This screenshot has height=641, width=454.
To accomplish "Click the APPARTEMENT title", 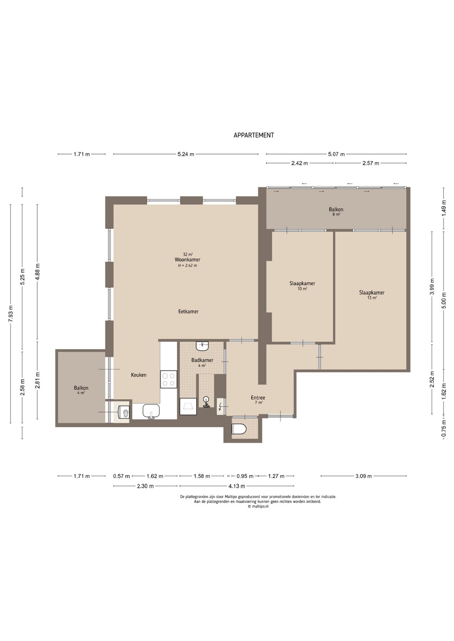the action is pos(254,135).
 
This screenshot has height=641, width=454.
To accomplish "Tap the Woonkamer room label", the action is pos(187,260).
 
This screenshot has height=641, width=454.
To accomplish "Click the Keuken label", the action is pos(139,375).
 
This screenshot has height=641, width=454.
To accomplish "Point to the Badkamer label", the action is pos(202,360).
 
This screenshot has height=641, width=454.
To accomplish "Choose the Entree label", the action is pos(258,398).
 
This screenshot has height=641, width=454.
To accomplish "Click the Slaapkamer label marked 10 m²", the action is pos(302,284).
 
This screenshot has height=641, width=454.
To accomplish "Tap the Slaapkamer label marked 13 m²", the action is pos(372,293).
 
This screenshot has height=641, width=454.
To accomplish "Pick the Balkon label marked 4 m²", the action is pos(81,388).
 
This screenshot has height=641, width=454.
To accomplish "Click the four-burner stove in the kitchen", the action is pos(169,379).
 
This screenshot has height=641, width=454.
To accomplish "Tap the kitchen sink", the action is pos(151,411).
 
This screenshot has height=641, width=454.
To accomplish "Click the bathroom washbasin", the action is pos(202,346).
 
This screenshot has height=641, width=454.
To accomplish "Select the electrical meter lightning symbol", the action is pos(221,406).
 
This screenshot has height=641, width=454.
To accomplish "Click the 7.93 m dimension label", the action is pos(11,314).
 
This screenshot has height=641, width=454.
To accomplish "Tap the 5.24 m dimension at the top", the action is pos(186,154).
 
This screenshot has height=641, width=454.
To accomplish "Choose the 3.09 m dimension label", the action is pos(363,476).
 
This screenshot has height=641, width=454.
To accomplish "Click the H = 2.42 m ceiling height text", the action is pos(187,266).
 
